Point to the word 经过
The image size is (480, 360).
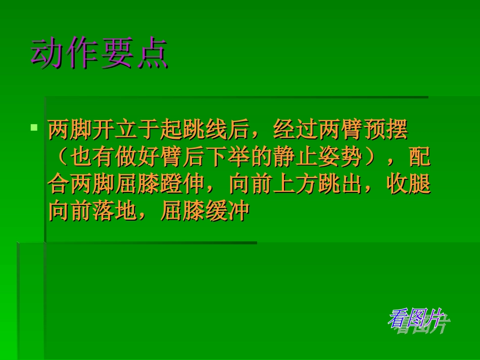(295, 130)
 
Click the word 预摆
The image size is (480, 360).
(385, 130)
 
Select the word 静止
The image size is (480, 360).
(295, 158)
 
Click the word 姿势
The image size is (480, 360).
(340, 158)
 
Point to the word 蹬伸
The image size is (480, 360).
(182, 185)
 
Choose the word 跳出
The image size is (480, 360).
(340, 185)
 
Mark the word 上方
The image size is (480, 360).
(295, 185)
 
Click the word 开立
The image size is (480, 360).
(115, 130)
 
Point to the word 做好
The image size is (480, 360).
(138, 158)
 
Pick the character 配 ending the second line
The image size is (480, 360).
(419, 158)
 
